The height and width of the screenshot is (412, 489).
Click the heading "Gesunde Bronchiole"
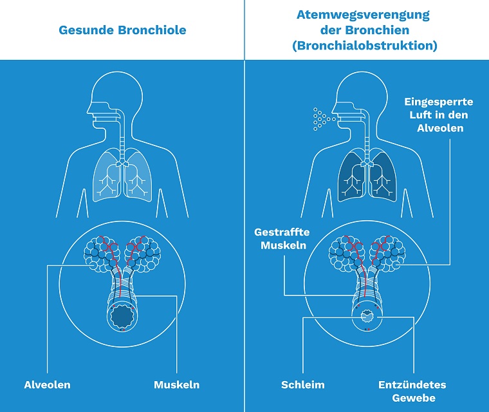[x=122, y=30]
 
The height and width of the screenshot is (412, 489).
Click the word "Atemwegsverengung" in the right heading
[x=363, y=15]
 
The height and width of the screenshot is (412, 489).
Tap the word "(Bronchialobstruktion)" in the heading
[x=365, y=46]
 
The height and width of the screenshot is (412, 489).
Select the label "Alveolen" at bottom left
[x=48, y=384]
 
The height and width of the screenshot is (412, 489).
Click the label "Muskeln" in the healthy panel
[x=176, y=384]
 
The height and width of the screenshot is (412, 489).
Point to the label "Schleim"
[x=303, y=384]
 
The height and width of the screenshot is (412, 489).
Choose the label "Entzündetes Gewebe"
[x=412, y=391]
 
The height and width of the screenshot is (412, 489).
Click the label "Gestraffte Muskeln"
[x=282, y=238]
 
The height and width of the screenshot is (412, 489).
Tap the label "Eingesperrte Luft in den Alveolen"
[x=439, y=115]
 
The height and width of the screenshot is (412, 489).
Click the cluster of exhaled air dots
[x=323, y=119]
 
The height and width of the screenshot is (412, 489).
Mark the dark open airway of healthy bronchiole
[x=122, y=317]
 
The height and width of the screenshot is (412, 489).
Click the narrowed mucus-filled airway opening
[x=367, y=317]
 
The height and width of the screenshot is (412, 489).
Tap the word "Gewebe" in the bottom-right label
[x=414, y=398]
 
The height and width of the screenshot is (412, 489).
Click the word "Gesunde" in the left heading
[x=86, y=30]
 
